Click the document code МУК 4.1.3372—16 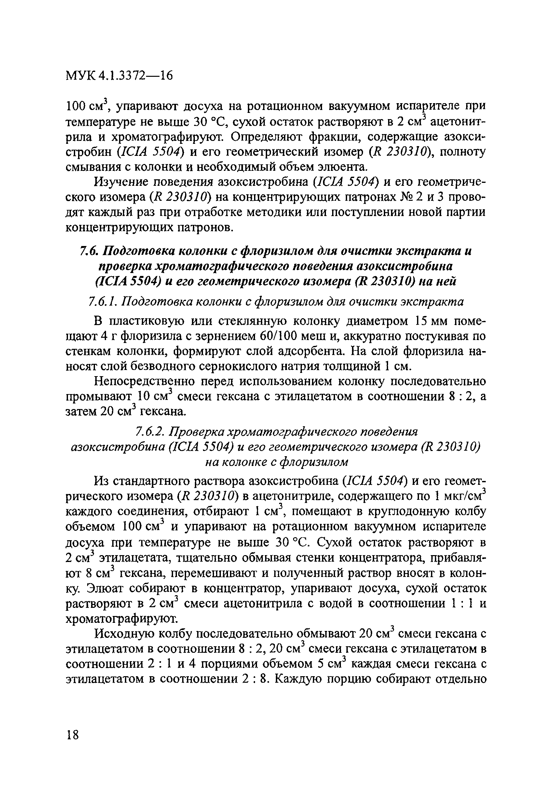coord(119,75)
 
